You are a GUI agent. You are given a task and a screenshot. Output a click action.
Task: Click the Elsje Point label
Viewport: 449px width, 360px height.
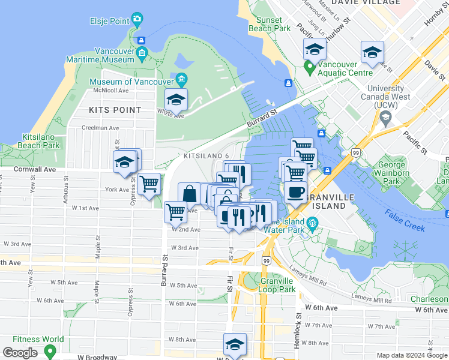pos(109,21)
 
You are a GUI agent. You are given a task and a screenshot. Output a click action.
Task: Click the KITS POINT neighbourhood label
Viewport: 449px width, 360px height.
pos(115,110)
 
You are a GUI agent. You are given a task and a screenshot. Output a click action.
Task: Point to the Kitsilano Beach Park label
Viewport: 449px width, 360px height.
pos(41,141)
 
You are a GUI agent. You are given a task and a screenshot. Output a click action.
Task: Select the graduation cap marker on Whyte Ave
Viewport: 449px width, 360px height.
pos(176,99)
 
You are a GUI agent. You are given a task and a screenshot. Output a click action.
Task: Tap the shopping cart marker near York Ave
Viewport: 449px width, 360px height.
pos(149,183)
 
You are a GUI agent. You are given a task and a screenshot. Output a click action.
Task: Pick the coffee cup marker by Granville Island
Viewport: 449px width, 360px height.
pos(295,193)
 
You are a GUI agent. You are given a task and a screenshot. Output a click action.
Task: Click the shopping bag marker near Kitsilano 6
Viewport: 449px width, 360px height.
pos(190,194)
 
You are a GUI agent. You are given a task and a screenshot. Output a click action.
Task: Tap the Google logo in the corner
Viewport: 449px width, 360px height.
pos(20,353)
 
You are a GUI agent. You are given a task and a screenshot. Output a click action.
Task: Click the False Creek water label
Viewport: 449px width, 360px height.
pos(406,223)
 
